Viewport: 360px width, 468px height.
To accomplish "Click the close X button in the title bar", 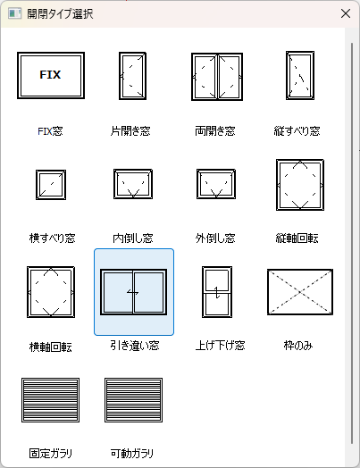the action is (x=346, y=13).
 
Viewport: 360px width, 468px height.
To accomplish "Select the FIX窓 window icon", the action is (x=51, y=75).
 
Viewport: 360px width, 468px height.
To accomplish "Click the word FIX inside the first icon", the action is (x=50, y=75).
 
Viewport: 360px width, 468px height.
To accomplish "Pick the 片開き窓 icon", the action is (x=132, y=76).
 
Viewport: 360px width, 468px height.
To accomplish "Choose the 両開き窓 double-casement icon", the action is (x=217, y=77).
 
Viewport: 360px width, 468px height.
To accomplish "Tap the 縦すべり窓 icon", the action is (x=300, y=75).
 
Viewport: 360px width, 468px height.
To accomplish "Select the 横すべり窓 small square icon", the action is (x=51, y=185).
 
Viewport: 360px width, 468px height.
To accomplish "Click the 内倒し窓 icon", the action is (x=133, y=184).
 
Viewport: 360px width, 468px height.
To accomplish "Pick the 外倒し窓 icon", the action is (x=216, y=184).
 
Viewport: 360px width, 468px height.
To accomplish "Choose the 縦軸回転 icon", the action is (x=300, y=185).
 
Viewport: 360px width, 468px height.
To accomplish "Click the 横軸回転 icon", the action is (x=51, y=292).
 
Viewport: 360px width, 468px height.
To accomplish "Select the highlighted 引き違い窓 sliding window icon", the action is (x=133, y=292).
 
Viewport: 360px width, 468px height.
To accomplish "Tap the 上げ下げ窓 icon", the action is (x=217, y=292).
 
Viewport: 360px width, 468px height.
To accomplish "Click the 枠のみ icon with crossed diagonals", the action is (x=300, y=292).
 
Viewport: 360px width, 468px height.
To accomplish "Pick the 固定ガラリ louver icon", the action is (x=50, y=400).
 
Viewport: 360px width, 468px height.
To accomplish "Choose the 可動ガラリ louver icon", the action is (x=133, y=400).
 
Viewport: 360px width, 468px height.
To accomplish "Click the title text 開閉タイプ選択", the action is (x=60, y=13).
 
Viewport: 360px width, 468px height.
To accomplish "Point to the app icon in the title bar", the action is (x=14, y=13).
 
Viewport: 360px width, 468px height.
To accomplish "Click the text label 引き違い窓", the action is (x=135, y=346).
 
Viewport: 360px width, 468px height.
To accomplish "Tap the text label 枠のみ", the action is (x=298, y=346).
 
